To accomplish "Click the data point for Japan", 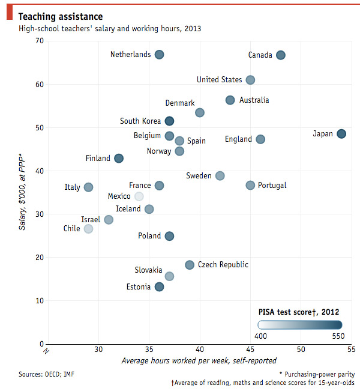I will [x=341, y=133].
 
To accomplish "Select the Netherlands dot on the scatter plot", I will [x=159, y=55].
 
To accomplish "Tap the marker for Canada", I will [x=280, y=55].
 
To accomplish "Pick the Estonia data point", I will [x=159, y=287].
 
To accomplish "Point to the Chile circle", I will [x=88, y=229].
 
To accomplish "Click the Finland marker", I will [x=119, y=159].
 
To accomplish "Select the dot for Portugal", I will [x=250, y=185].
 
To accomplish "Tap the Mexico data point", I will [x=139, y=196].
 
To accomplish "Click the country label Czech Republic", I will [x=223, y=265].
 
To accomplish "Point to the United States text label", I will [x=220, y=80].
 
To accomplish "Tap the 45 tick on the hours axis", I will [x=250, y=350].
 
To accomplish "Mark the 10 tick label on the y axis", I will [x=40, y=300].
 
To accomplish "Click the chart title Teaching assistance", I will [x=60, y=16].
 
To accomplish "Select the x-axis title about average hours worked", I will [x=199, y=361].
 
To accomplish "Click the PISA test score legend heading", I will [x=299, y=312].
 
